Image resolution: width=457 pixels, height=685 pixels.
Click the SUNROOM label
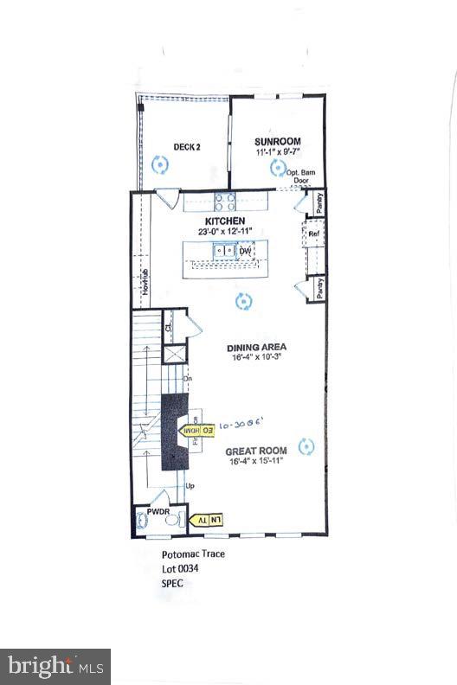click(276, 141)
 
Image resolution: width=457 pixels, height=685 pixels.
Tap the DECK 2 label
click(187, 147)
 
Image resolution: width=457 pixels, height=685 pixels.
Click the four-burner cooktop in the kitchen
click(225, 202)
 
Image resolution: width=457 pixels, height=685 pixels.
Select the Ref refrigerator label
click(314, 234)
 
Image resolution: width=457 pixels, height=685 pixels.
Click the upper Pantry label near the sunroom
click(319, 204)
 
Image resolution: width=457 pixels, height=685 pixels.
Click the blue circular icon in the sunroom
click(279, 167)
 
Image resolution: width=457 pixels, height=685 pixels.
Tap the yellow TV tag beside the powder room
click(205, 520)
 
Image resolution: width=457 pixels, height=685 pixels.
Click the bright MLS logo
click(55, 666)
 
